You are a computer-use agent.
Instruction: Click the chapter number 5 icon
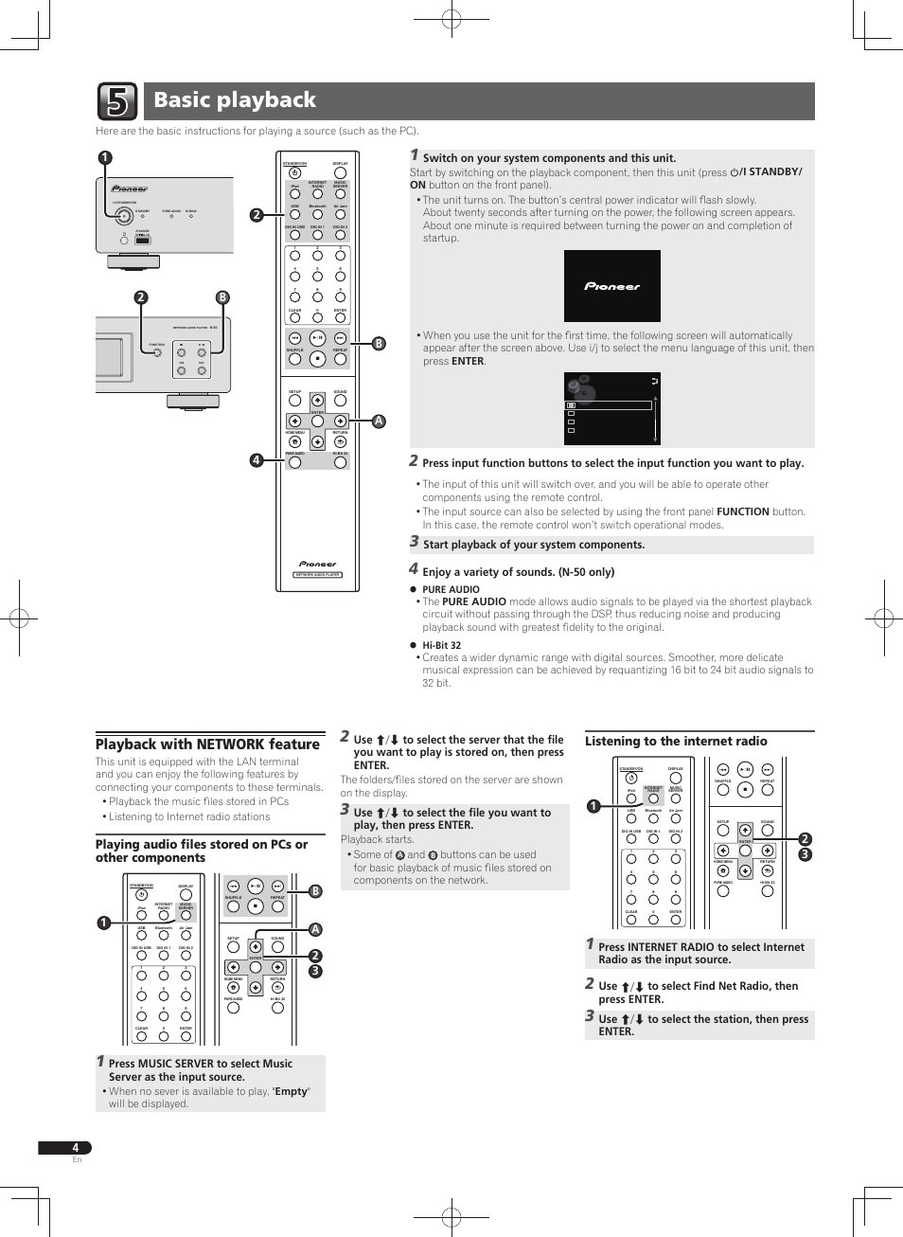pyautogui.click(x=117, y=101)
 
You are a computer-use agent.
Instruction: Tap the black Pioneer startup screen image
pyautogui.click(x=611, y=286)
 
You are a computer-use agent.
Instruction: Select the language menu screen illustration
pyautogui.click(x=611, y=408)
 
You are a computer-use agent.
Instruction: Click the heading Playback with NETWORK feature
pyautogui.click(x=207, y=744)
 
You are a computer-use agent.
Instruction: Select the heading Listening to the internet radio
pyautogui.click(x=676, y=742)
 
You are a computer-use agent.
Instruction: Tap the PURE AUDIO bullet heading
pyautogui.click(x=451, y=589)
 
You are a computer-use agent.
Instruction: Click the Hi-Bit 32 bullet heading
pyautogui.click(x=441, y=645)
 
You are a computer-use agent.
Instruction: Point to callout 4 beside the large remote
pyautogui.click(x=256, y=460)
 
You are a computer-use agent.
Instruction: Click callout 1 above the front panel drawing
pyautogui.click(x=105, y=158)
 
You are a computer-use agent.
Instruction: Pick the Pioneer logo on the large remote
pyautogui.click(x=317, y=564)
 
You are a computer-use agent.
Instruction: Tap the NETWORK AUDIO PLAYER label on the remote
pyautogui.click(x=317, y=575)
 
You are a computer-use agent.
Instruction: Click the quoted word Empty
pyautogui.click(x=291, y=1091)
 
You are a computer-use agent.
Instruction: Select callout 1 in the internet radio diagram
pyautogui.click(x=593, y=807)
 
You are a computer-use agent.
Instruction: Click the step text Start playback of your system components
pyautogui.click(x=533, y=545)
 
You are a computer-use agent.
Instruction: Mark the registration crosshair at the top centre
pyautogui.click(x=451, y=18)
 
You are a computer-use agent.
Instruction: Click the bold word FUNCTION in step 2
pyautogui.click(x=742, y=511)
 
